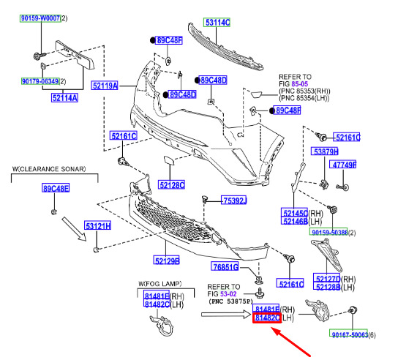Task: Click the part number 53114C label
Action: (x=217, y=23)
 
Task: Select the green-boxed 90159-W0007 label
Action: (x=40, y=18)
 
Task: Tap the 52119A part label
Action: (x=105, y=86)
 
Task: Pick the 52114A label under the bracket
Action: (x=64, y=97)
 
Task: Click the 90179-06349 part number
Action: (x=40, y=81)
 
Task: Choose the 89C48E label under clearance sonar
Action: (x=56, y=188)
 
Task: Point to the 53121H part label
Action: (x=97, y=226)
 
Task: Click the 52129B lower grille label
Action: (x=167, y=260)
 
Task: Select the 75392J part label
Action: (x=234, y=200)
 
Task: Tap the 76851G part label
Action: (x=225, y=266)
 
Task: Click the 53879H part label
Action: (x=325, y=151)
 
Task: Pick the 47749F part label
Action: (x=343, y=165)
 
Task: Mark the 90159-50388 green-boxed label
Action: (x=328, y=232)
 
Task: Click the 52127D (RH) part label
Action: (x=327, y=278)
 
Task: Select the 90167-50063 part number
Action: (x=349, y=334)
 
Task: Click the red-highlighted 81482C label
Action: (x=267, y=318)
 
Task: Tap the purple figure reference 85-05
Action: (x=300, y=84)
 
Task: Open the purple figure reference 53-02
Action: (x=228, y=294)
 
